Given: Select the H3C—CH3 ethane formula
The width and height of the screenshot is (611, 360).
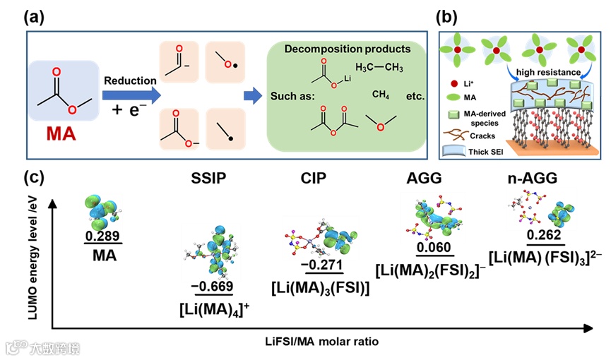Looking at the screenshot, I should click(379, 68).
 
